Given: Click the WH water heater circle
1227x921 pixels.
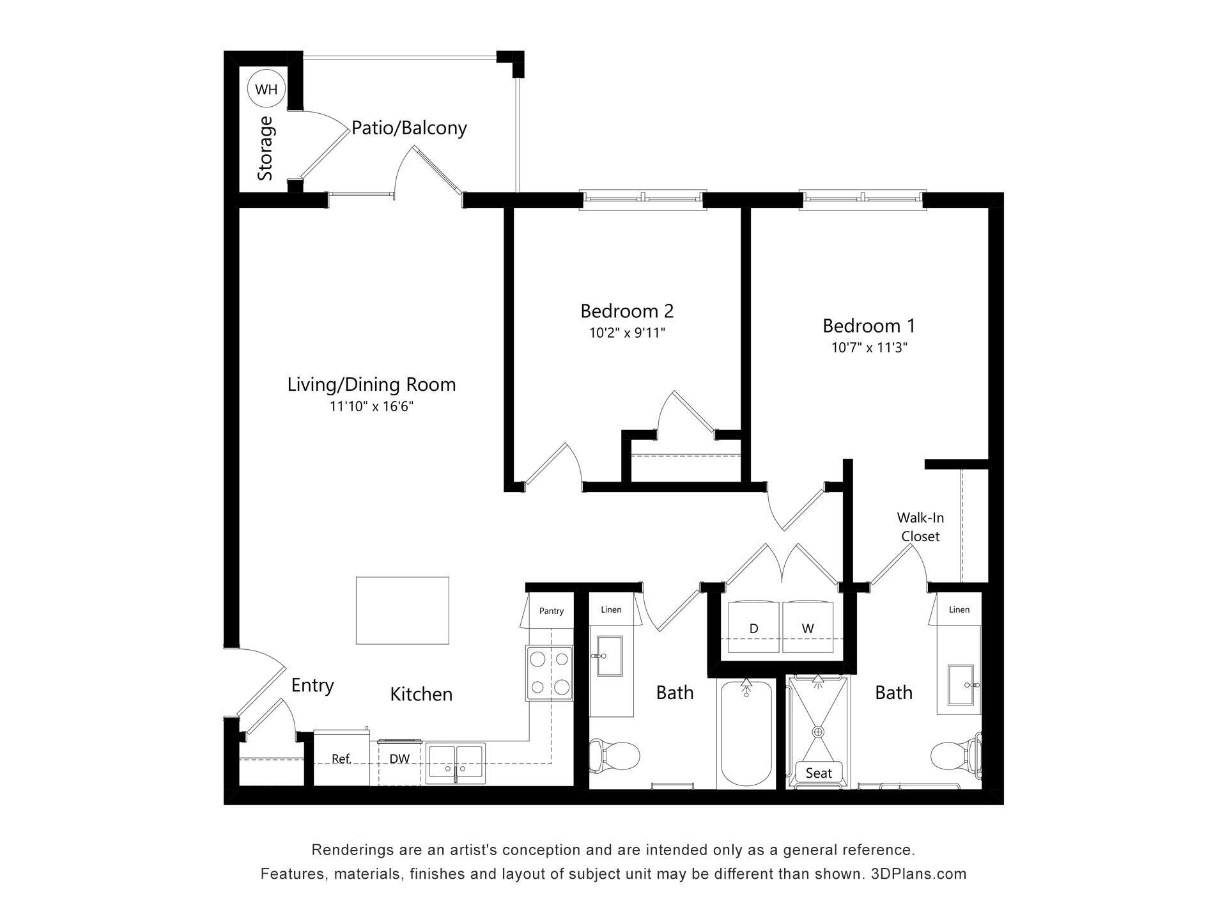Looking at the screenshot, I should tap(266, 90).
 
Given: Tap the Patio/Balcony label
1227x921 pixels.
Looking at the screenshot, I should tap(409, 128).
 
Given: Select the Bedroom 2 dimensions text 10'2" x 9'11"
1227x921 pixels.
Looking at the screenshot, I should tap(627, 333).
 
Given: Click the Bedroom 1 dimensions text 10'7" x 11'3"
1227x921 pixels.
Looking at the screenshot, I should tap(869, 347).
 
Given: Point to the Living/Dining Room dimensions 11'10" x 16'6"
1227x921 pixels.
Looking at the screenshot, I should tap(371, 406).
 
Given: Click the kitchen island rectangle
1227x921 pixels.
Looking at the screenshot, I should tap(402, 610).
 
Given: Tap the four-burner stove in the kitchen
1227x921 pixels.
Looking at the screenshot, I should tap(550, 673).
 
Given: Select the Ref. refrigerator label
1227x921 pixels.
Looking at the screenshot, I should tap(341, 759).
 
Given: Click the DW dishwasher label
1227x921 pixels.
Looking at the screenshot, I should tap(399, 759).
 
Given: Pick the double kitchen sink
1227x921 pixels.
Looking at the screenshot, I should tap(456, 762).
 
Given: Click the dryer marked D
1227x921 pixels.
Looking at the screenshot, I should tap(753, 628).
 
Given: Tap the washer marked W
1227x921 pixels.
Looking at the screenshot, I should tap(808, 628).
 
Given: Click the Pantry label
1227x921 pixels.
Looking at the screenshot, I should tap(551, 611).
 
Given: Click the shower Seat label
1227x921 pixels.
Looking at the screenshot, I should tap(819, 773).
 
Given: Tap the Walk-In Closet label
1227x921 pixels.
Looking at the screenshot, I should tap(920, 527).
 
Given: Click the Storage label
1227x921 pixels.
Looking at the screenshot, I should tap(265, 148).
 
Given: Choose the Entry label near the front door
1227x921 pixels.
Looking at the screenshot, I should tap(313, 685).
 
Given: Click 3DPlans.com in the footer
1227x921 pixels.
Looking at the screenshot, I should tap(918, 874).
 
